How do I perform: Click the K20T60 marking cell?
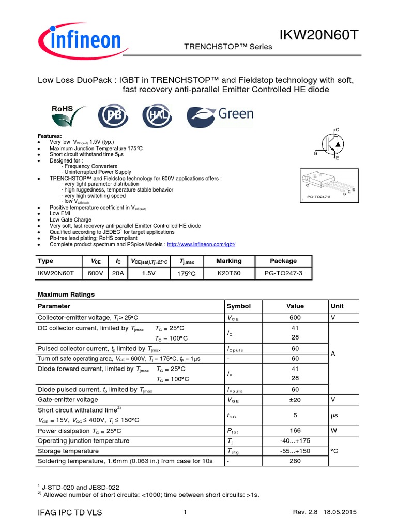(228, 273)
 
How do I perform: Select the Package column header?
(283, 261)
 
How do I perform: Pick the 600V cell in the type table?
(95, 273)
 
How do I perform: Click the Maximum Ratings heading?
(66, 294)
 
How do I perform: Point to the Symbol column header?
(238, 306)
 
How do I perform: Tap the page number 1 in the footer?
(185, 512)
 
